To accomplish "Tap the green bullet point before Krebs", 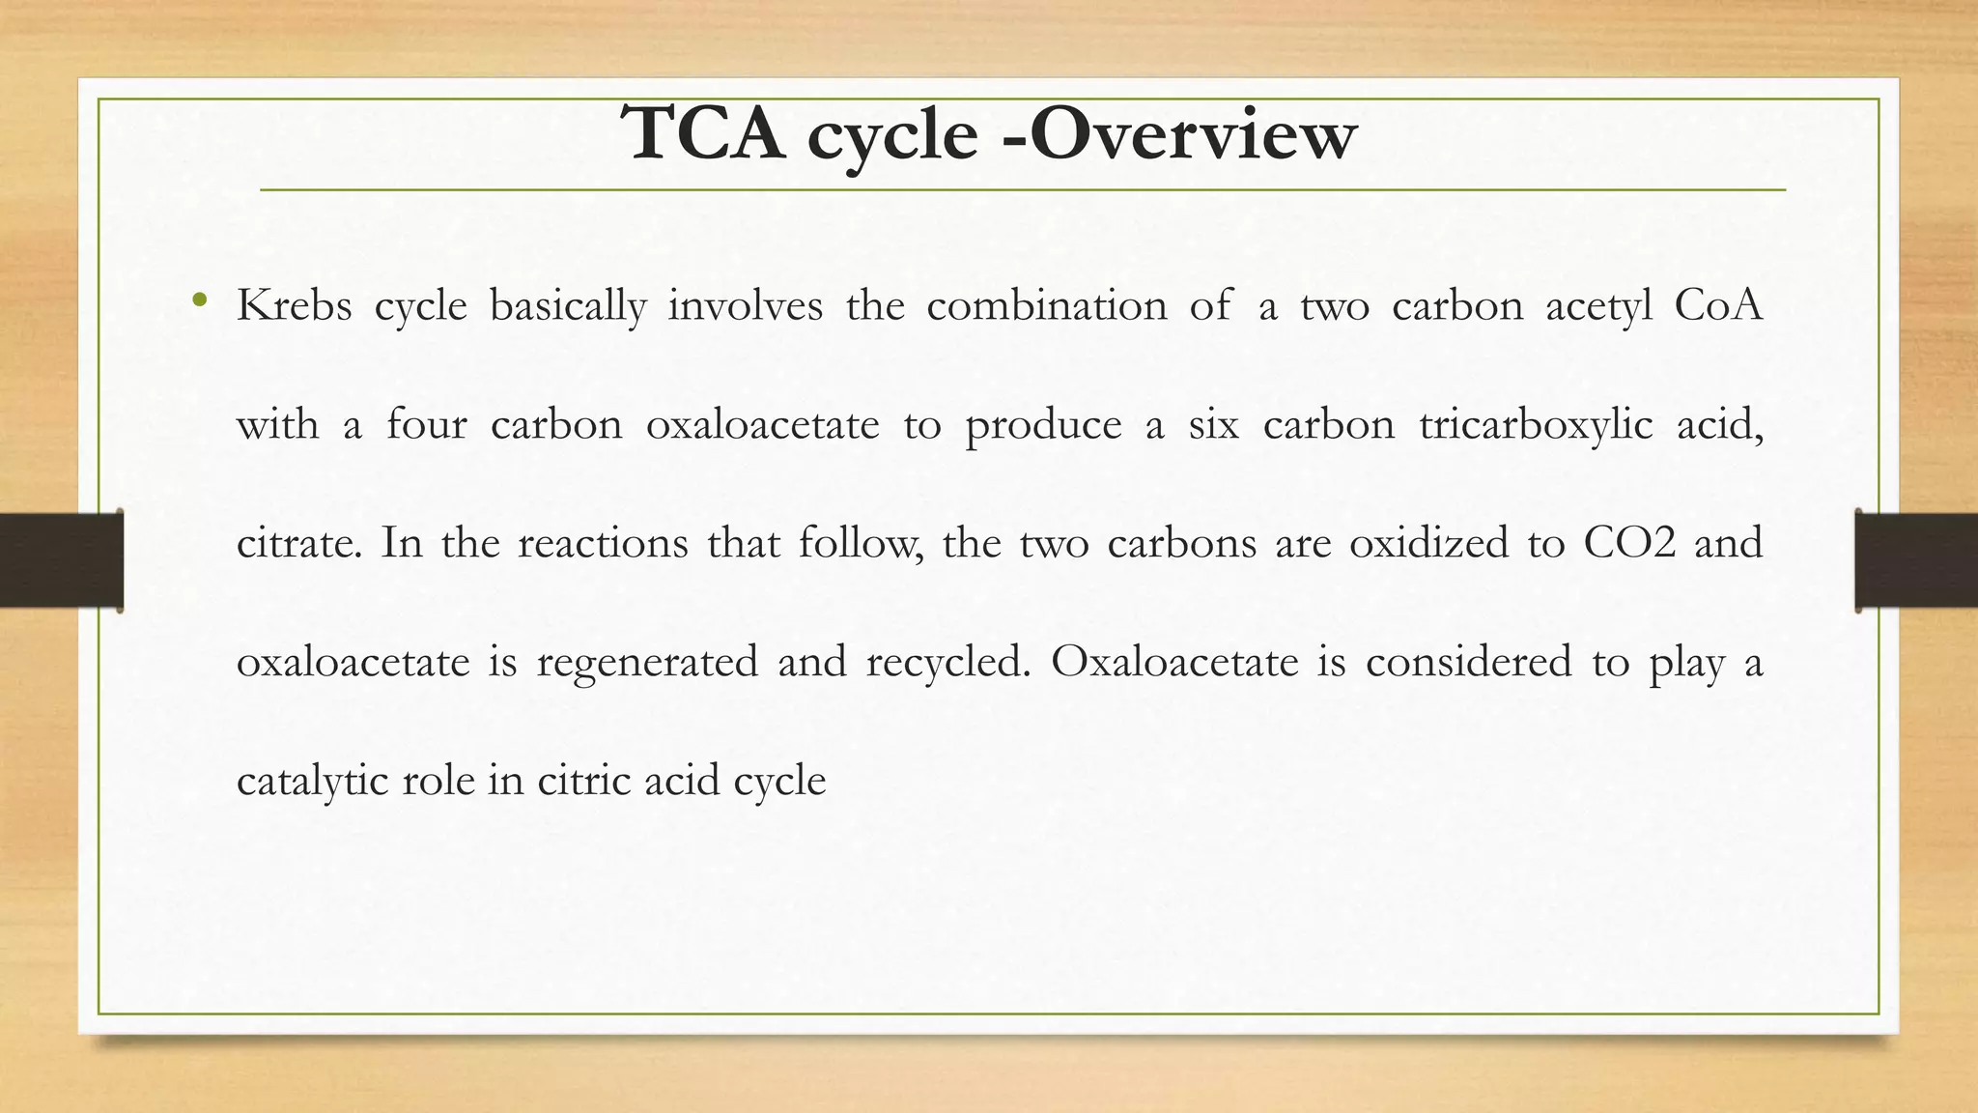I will (200, 300).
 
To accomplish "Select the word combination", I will (1047, 306).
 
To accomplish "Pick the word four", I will (426, 425).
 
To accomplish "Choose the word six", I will (1213, 425).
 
